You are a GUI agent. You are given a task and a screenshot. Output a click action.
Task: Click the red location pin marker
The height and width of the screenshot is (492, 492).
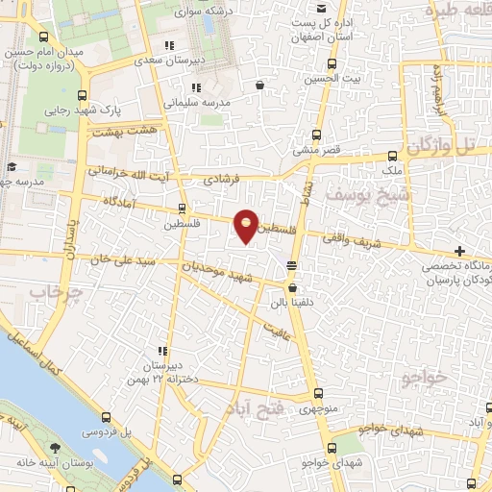pos(247,225)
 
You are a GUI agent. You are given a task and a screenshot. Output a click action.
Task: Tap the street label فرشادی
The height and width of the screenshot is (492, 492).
pos(223,180)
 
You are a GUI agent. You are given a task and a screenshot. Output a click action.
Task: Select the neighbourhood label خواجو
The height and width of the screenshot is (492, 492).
pos(422,377)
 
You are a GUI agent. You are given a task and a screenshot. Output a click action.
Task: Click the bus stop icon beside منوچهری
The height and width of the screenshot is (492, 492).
pos(319,393)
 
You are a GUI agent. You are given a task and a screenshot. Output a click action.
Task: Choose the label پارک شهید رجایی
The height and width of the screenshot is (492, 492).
pos(77,111)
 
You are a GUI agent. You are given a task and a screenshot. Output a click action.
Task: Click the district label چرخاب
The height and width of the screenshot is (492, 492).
pos(50,290)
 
